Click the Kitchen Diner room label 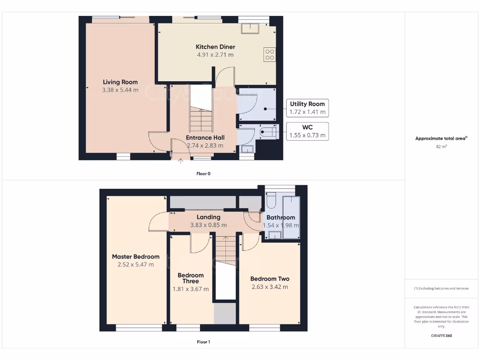[215, 47]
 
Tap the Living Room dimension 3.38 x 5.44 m [120, 90]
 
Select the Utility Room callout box [307, 108]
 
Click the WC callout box [307, 131]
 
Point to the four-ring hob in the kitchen [270, 55]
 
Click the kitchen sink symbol [251, 28]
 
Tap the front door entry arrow [181, 162]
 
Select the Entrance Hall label [205, 138]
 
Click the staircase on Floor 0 [201, 120]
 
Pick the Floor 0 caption [203, 173]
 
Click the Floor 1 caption [203, 342]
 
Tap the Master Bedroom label [135, 256]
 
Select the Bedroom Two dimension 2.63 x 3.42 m [269, 287]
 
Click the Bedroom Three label [191, 278]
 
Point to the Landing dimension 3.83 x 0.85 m [208, 225]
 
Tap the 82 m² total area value [441, 147]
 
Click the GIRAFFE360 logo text [441, 336]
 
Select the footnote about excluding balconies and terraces [441, 288]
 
